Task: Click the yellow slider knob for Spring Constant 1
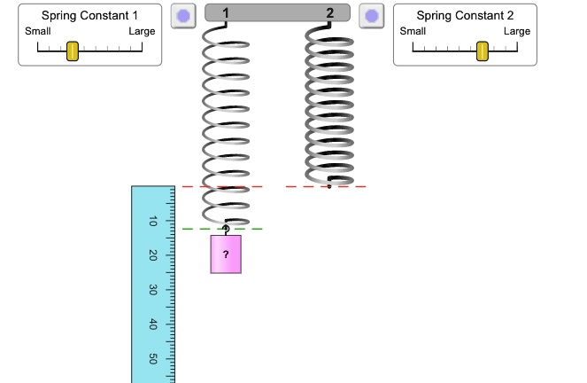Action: (73, 51)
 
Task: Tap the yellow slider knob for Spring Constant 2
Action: (483, 51)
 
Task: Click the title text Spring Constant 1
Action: (90, 16)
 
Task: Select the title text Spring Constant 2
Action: (465, 16)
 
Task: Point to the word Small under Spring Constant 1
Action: (38, 32)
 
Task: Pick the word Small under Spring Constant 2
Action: (413, 32)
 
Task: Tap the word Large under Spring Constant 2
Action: (517, 32)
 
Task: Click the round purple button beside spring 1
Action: (183, 16)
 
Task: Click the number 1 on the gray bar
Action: (227, 12)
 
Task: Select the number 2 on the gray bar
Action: (330, 12)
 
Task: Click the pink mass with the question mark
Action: (226, 254)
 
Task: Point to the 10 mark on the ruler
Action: (153, 222)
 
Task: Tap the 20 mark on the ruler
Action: (153, 255)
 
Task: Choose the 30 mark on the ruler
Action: (153, 290)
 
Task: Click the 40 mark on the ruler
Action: (153, 324)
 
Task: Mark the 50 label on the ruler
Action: (153, 359)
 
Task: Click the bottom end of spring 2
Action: (329, 185)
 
